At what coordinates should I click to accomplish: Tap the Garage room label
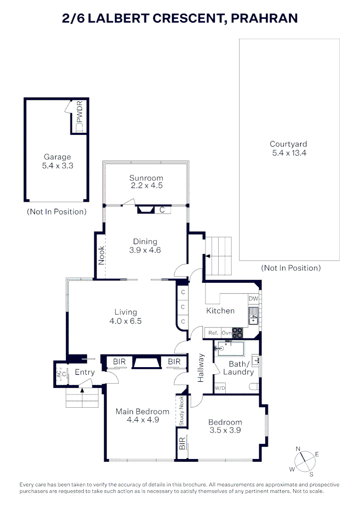57,157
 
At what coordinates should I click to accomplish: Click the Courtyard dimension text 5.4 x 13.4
289,153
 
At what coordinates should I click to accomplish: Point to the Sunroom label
146,178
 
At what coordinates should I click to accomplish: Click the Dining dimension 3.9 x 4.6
145,250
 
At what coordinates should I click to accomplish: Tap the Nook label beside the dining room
101,255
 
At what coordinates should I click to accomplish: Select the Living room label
126,312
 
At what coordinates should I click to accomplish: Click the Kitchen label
220,311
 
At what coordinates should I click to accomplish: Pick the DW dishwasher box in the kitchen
253,298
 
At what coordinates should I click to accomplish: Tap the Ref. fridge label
213,333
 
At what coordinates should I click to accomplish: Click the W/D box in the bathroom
220,388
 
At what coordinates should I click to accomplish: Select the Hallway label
201,368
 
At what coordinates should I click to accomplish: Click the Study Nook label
181,410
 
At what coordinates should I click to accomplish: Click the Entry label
85,372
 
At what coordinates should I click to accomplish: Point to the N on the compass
298,449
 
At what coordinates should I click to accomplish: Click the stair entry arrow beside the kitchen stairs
206,256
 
